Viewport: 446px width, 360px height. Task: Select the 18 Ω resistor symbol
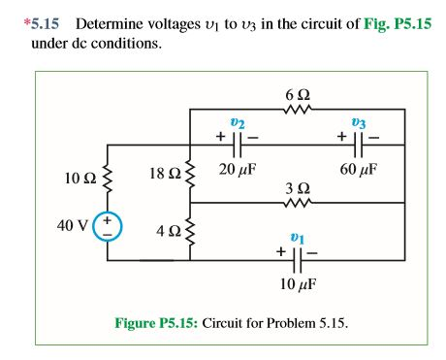pos(189,174)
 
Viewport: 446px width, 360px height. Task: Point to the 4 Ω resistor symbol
pos(189,231)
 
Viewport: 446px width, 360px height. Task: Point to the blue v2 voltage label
pos(237,123)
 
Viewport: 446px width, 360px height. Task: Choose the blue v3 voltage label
pos(359,123)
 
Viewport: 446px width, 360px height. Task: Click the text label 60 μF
pos(358,168)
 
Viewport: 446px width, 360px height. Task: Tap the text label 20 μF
pos(237,168)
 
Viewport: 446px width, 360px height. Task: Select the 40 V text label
pos(70,226)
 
